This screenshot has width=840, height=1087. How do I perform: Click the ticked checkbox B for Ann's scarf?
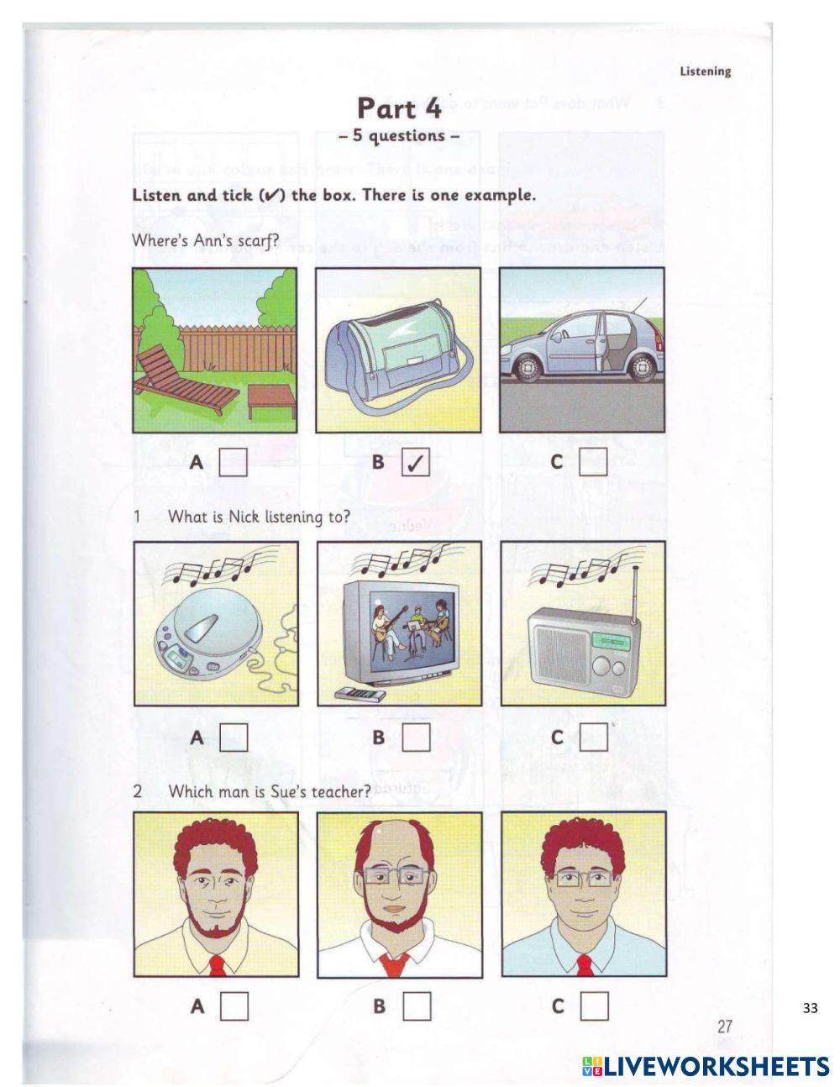(x=416, y=463)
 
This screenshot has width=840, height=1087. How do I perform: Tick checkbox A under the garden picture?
(x=233, y=462)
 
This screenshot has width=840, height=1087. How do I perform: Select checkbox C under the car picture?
(x=592, y=461)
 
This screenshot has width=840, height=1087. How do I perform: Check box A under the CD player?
(x=234, y=738)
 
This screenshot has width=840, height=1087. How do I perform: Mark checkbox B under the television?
(x=416, y=738)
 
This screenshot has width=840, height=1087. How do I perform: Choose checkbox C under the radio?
(x=593, y=738)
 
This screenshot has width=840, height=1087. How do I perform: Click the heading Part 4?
(x=398, y=109)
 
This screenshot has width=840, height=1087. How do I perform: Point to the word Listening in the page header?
(x=705, y=71)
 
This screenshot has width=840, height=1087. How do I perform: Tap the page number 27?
(x=725, y=1027)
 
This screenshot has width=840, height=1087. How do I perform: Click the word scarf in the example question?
(x=260, y=240)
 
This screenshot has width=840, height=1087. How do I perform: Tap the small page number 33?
(x=810, y=1008)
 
